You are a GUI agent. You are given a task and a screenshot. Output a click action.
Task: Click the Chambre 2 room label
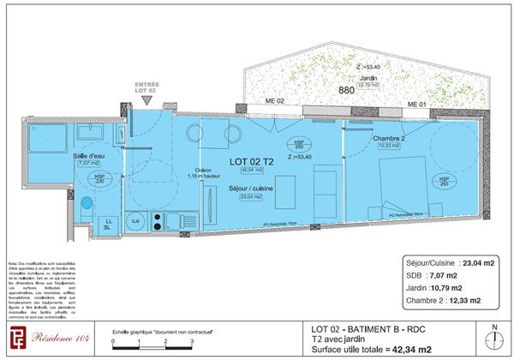click(x=389, y=138)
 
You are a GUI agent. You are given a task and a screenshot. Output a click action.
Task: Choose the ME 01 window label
click(x=416, y=104)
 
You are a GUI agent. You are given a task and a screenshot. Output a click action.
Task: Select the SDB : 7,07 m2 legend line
click(x=445, y=277)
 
